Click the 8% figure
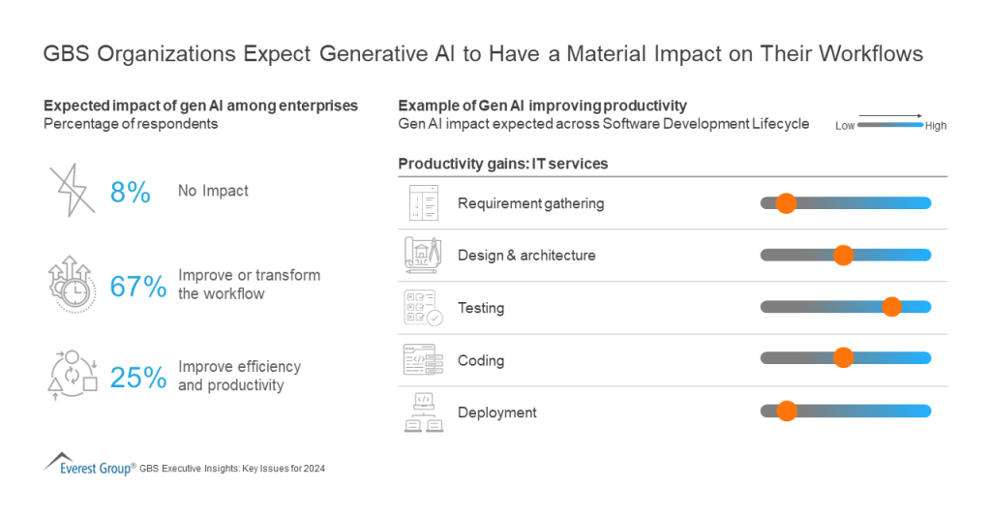coord(130,192)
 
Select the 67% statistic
coord(137,286)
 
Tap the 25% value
coord(137,377)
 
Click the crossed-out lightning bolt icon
coord(73,189)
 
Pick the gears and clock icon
coord(72,283)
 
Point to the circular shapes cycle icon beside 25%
coord(73,375)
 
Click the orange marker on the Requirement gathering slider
coord(786,203)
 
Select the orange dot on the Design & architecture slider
coord(843,256)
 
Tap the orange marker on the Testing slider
coord(892,307)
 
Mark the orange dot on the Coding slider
coord(843,357)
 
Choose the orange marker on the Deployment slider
coord(787,411)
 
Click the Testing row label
coord(481,308)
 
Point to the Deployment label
coord(496,412)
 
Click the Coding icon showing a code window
coord(421,359)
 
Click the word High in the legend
coord(936,126)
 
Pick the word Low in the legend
coord(845,126)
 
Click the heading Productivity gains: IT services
coord(502,164)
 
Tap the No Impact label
coord(213,191)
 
